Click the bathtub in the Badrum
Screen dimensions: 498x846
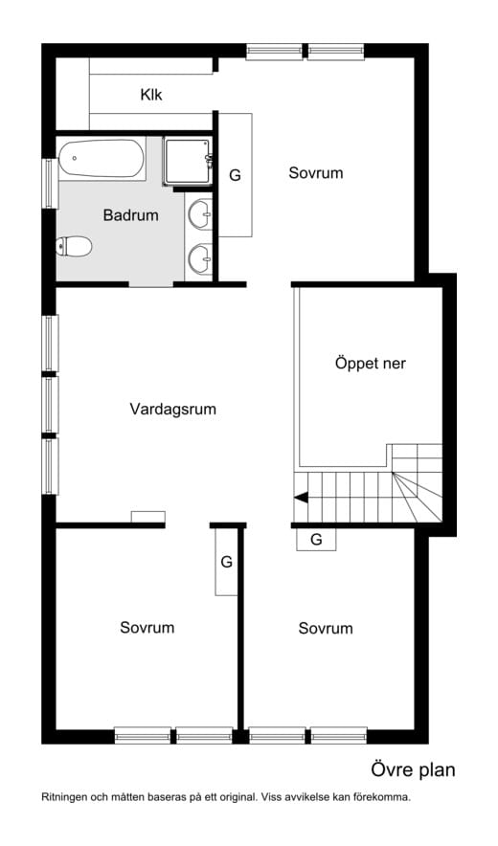(x=101, y=159)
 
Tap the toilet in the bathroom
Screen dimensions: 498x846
(x=74, y=246)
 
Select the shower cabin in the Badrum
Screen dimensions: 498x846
(x=188, y=162)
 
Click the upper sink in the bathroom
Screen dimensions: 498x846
(x=199, y=213)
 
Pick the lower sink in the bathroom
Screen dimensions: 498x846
(x=199, y=259)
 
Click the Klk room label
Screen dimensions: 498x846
(x=151, y=95)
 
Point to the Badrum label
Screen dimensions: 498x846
(x=130, y=215)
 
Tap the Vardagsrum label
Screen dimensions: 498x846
(x=172, y=409)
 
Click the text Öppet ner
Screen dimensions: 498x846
(x=370, y=364)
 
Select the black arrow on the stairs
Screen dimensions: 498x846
(x=301, y=498)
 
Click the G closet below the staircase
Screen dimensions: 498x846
(x=316, y=539)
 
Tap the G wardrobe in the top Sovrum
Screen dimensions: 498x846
(x=235, y=175)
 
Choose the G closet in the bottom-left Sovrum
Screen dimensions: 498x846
(x=226, y=562)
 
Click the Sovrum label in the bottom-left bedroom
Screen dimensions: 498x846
(x=147, y=628)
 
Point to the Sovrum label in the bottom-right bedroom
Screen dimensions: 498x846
(x=326, y=628)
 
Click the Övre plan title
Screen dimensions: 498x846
(x=413, y=770)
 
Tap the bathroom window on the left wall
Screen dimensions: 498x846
(x=50, y=184)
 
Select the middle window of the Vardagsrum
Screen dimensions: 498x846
(x=50, y=405)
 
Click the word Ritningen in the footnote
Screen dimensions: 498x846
(x=63, y=796)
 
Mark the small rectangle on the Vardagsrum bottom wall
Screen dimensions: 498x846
(x=148, y=517)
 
